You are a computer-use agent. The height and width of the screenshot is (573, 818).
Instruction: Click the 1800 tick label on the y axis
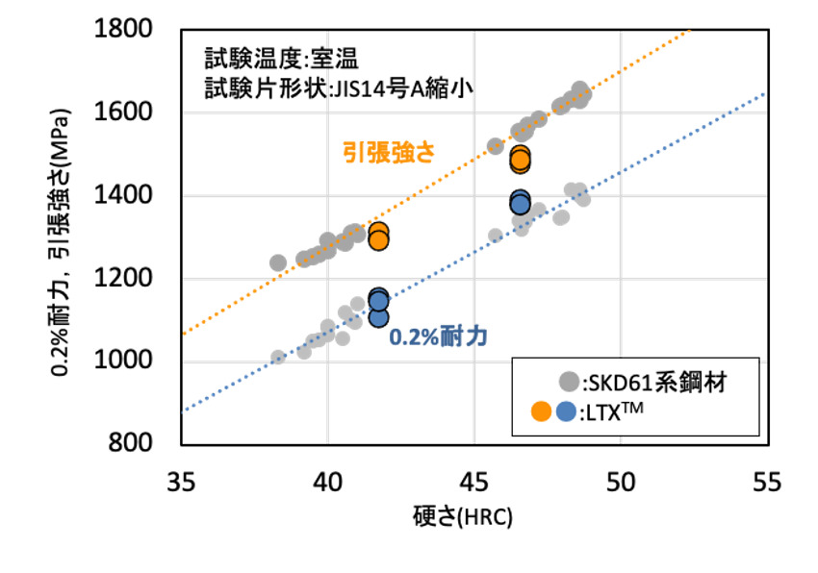click(138, 30)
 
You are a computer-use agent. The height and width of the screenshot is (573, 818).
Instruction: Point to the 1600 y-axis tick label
click(138, 112)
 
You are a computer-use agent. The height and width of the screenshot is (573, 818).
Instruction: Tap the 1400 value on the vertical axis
click(138, 196)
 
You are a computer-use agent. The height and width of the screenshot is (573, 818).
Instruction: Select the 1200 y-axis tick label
click(138, 279)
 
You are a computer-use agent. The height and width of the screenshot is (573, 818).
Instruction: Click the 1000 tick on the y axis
click(138, 361)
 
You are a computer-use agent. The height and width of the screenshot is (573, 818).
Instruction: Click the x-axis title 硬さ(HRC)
click(474, 516)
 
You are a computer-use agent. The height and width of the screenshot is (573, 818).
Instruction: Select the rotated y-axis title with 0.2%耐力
click(61, 237)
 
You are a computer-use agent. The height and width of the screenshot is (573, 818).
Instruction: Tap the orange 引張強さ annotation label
click(388, 152)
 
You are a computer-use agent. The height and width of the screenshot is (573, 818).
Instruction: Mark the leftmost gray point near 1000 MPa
click(278, 358)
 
